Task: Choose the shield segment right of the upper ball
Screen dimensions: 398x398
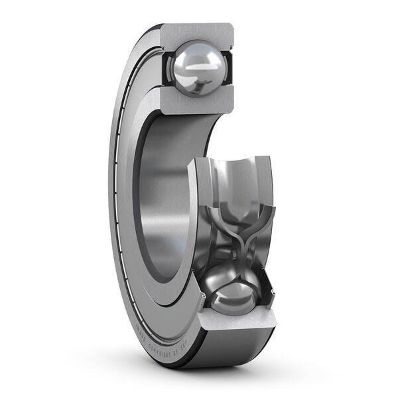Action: point(228,66)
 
